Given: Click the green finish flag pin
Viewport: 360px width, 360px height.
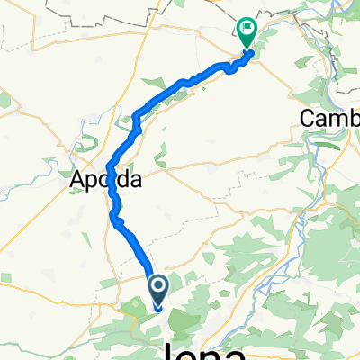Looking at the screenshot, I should coord(247,33).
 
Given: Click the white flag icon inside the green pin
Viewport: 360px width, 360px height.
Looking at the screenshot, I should coord(247,30).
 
